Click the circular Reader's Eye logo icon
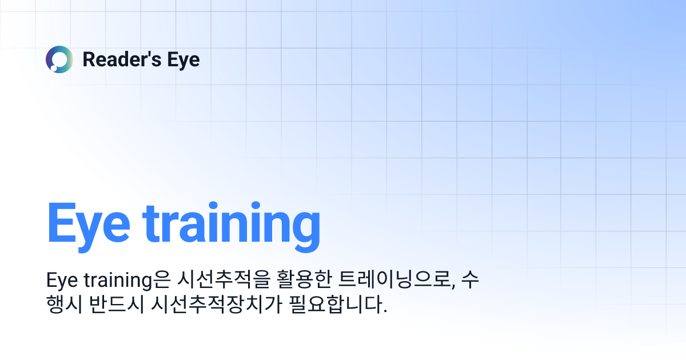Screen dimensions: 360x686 point(59,59)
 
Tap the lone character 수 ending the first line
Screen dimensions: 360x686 point(468,282)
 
